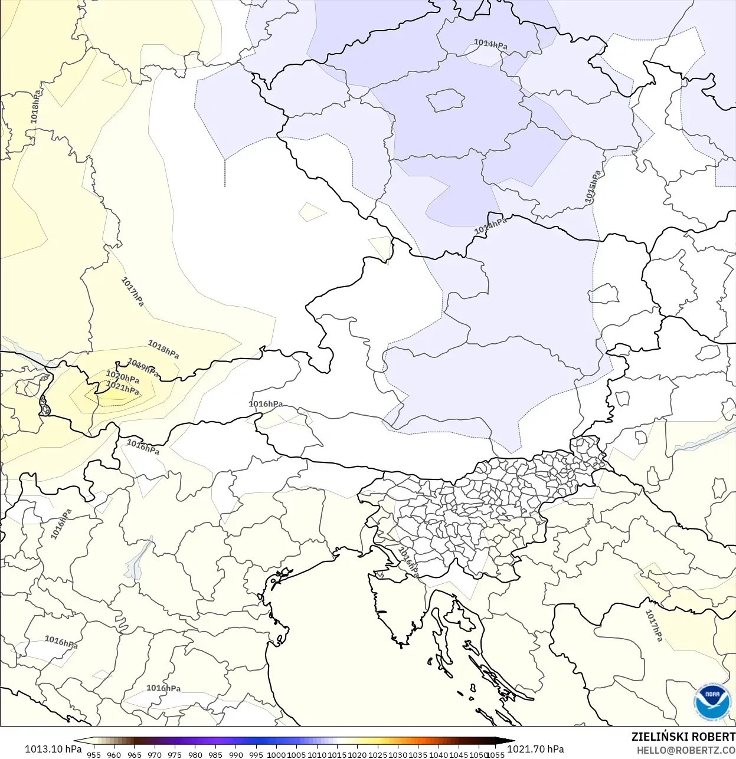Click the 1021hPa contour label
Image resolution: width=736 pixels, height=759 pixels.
coord(123,387)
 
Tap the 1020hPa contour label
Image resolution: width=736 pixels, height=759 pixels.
coord(122,377)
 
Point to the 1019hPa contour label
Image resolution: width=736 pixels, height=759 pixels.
coord(143,367)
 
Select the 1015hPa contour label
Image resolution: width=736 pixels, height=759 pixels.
coord(593,187)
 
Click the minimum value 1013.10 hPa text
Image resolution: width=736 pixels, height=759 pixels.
coord(53,749)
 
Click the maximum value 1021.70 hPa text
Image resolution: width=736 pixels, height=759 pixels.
coord(535,749)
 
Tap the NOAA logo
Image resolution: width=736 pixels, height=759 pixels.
coord(712,702)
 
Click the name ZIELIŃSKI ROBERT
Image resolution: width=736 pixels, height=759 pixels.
coord(683,737)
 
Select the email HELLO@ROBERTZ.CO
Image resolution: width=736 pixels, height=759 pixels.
coord(686,750)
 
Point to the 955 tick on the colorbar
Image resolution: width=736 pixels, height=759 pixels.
coord(94,755)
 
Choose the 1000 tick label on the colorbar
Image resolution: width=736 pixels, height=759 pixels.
coord(276,755)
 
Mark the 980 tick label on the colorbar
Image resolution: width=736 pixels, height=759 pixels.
coord(195,755)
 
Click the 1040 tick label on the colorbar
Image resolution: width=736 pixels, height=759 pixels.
coord(439,755)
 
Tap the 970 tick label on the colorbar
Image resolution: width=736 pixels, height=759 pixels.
coord(155,755)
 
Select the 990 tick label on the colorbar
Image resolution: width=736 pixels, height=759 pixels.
coord(235,755)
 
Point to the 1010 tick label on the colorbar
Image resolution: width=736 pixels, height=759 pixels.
coord(317,755)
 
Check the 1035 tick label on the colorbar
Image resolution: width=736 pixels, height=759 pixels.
coord(418,755)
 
